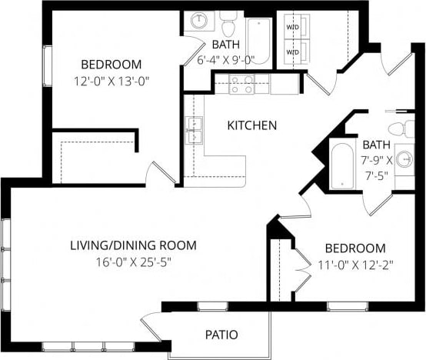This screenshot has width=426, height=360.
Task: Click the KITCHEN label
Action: pyautogui.click(x=251, y=125)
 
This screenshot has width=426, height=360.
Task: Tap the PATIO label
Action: pyautogui.click(x=221, y=335)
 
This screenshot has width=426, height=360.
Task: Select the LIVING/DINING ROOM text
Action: pyautogui.click(x=133, y=245)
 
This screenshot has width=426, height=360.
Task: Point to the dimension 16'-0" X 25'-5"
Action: pyautogui.click(x=133, y=262)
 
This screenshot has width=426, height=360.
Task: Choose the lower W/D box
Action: pyautogui.click(x=293, y=52)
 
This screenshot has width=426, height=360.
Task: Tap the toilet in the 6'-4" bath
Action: pyautogui.click(x=228, y=18)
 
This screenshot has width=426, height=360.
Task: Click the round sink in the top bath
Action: pyautogui.click(x=200, y=21)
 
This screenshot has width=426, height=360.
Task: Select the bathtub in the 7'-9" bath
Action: pyautogui.click(x=341, y=165)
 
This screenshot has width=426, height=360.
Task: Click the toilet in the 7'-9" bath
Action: pyautogui.click(x=398, y=128)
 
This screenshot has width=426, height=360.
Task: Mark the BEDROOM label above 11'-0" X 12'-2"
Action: pyautogui.click(x=354, y=248)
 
